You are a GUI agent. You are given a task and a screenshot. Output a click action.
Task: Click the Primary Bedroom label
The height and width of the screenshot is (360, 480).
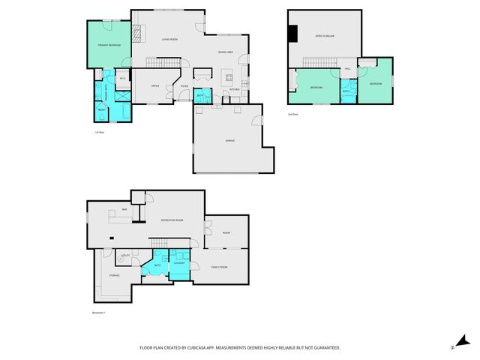point(109,46)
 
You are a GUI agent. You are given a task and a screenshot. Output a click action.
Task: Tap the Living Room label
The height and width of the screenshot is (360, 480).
point(169,39)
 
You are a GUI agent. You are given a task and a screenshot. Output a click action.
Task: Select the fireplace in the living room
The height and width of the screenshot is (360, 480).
point(136,32)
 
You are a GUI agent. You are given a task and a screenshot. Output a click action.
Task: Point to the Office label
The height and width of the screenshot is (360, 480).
point(155,86)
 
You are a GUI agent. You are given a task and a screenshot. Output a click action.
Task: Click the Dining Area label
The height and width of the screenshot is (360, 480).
point(226,52)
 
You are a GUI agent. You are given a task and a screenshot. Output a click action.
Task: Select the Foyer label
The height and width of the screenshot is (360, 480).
point(184,86)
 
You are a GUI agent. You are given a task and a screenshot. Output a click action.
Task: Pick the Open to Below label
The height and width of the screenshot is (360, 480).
point(325,36)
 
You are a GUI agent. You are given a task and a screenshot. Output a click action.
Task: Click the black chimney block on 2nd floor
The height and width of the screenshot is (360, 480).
point(293,34)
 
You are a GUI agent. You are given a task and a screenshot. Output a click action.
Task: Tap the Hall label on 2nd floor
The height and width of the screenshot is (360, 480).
point(348,69)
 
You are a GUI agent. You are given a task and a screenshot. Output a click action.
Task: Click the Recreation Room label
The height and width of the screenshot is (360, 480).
point(172,220)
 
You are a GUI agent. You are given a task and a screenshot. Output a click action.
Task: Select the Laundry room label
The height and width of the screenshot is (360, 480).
point(179,263)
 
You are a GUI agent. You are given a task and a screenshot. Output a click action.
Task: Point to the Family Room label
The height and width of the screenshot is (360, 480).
point(219,268)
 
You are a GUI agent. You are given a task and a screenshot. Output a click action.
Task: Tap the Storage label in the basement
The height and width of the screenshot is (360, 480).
point(114,275)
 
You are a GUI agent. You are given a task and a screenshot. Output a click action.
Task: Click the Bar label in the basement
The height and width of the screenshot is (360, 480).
point(124,209)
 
